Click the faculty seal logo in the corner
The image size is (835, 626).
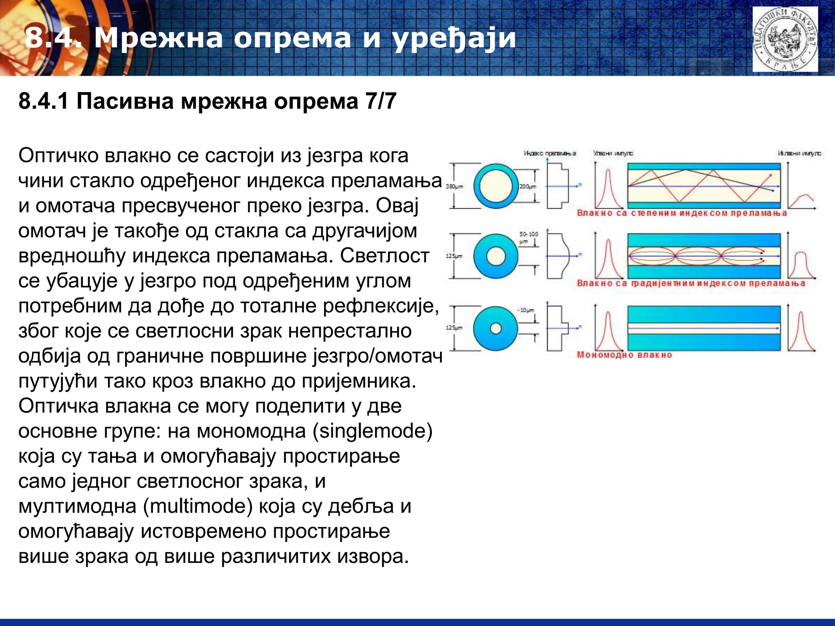coord(785,40)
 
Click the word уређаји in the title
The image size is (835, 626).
coord(454,39)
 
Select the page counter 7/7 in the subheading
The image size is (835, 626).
coord(381,101)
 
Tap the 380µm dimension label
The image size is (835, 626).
coord(454,187)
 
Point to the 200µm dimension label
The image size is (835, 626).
coord(528,187)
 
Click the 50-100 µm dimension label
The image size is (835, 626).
coord(528,237)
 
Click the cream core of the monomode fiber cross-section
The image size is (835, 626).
coord(496,328)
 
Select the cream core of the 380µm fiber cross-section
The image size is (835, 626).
coord(496,186)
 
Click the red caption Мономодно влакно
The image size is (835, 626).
coord(624,355)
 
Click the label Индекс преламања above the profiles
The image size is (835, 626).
coord(550,153)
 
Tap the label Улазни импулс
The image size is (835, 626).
coord(613,153)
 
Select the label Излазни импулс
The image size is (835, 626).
coord(799,153)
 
